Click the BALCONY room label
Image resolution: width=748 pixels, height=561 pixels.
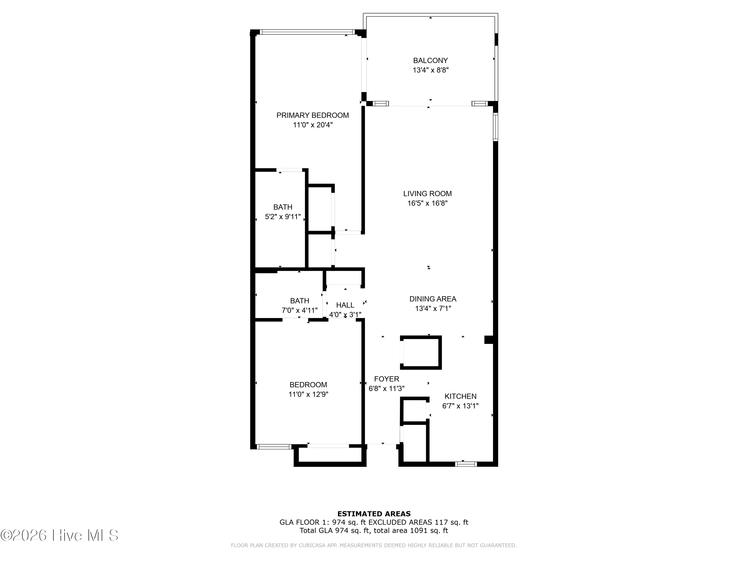[430, 61]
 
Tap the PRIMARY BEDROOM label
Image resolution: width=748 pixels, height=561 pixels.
[312, 115]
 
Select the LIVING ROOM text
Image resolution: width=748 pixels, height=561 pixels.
[427, 194]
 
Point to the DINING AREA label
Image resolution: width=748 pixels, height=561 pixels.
[433, 299]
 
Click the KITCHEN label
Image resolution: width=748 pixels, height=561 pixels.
[460, 396]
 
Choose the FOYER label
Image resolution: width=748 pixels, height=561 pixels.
[386, 379]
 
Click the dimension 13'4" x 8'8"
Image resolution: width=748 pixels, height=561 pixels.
[430, 70]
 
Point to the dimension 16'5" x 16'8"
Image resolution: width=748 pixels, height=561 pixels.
[427, 203]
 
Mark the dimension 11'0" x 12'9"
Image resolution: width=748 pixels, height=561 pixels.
[308, 394]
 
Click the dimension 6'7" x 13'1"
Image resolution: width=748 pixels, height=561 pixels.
[460, 406]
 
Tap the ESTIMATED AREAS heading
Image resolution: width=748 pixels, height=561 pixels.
[374, 514]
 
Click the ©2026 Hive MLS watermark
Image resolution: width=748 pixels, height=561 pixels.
[59, 535]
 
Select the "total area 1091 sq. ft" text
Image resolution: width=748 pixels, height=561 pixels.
[412, 531]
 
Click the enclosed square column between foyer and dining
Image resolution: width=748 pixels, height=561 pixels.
[421, 352]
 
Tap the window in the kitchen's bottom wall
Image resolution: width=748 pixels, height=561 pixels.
[466, 464]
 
